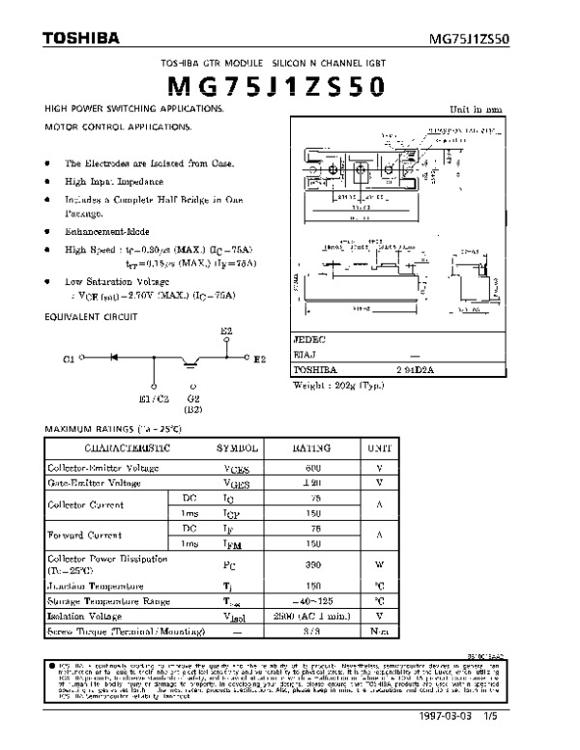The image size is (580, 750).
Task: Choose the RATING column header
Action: pyautogui.click(x=311, y=448)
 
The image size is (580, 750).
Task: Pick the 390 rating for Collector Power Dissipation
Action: pyautogui.click(x=311, y=563)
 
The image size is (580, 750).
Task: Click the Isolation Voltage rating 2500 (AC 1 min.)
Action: pyautogui.click(x=311, y=615)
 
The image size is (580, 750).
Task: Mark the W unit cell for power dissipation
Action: pyautogui.click(x=380, y=563)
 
